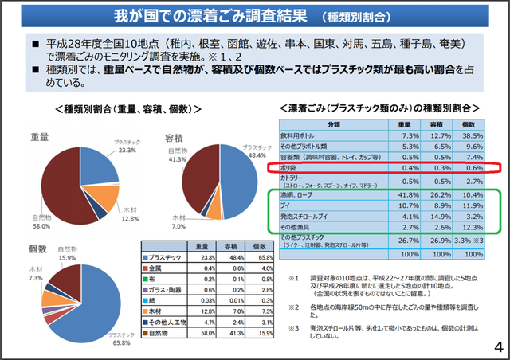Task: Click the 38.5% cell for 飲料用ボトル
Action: pos(469,135)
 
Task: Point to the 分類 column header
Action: pos(328,124)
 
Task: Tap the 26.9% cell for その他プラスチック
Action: pos(433,241)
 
